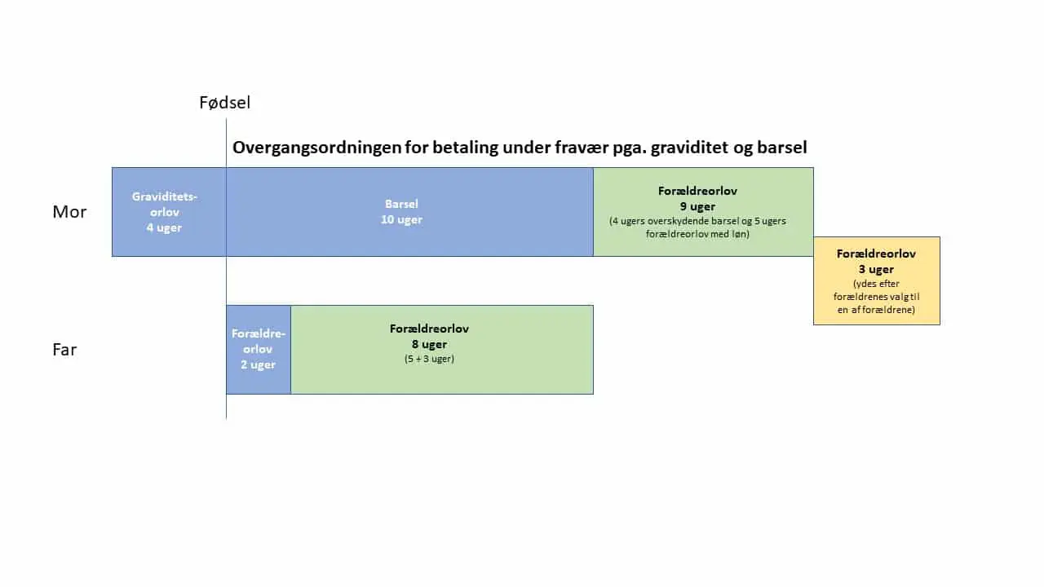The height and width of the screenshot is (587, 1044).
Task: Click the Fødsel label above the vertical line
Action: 224,103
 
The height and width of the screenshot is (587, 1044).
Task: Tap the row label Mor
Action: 69,212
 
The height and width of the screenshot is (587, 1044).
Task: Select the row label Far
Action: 64,350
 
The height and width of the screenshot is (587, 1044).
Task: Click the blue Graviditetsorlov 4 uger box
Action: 169,212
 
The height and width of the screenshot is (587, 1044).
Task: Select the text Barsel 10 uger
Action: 402,212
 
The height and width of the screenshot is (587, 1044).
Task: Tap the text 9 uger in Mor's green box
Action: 697,206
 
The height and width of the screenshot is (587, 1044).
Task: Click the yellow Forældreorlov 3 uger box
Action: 877,281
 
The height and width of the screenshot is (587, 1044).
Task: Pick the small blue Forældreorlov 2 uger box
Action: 259,350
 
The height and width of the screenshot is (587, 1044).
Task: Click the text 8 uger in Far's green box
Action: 429,344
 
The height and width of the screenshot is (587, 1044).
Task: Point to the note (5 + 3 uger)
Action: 429,359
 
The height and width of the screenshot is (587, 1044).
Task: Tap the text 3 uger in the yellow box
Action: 876,269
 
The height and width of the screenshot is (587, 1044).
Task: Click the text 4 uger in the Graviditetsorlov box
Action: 164,227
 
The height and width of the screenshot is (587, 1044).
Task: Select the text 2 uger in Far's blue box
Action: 259,364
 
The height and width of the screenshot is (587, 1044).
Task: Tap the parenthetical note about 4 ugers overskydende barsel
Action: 697,227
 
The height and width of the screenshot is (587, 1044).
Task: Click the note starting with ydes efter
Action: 876,297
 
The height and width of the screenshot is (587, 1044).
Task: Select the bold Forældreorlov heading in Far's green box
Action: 429,329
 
